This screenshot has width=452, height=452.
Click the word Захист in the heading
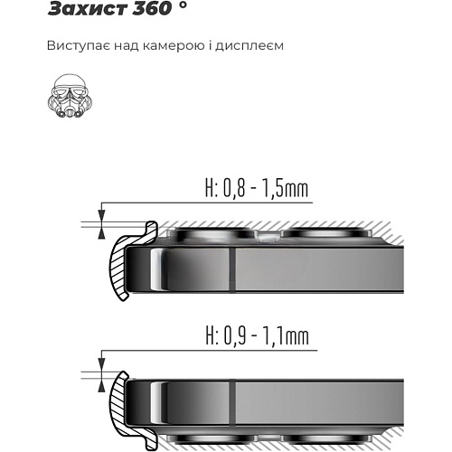click(88, 8)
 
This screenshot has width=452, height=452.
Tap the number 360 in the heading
click(153, 8)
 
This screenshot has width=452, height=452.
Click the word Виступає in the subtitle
click(78, 46)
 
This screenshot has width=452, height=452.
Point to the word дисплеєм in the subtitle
click(250, 46)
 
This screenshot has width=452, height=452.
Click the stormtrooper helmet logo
click(70, 96)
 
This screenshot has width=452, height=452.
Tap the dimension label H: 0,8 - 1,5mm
click(257, 189)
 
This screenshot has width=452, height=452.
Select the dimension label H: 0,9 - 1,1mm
click(258, 336)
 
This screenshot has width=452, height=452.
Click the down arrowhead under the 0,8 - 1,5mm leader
click(102, 215)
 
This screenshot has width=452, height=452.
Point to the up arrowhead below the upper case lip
click(102, 233)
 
